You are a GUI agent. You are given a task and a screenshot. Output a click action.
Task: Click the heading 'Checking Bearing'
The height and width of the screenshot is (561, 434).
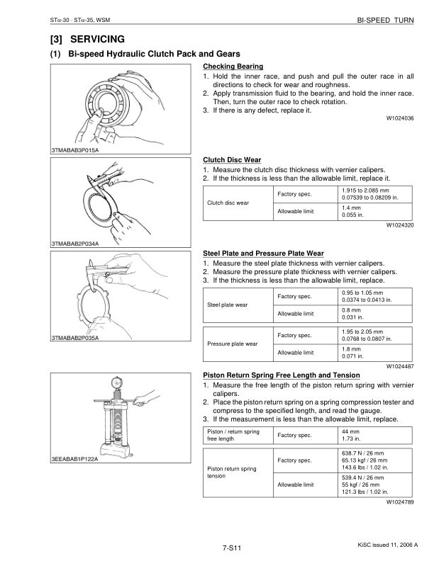(x=228, y=67)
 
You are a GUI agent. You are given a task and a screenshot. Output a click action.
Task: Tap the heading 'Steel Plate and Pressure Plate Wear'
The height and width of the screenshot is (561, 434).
(x=263, y=253)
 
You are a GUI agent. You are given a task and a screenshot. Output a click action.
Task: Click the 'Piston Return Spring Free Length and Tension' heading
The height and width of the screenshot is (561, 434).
(x=281, y=375)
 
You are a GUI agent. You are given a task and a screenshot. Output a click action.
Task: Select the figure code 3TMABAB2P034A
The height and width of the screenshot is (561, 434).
(x=74, y=244)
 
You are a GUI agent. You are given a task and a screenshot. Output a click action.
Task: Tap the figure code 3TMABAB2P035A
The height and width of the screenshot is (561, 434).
(x=74, y=338)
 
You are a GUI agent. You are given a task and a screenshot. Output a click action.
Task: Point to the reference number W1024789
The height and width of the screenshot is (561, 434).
(x=400, y=502)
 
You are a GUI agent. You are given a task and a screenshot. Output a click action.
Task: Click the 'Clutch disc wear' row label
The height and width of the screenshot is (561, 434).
(x=227, y=203)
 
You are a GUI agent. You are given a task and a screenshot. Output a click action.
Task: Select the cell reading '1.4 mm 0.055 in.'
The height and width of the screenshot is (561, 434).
(x=353, y=210)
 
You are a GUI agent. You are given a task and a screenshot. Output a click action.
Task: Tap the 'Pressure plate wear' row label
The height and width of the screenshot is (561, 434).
(x=231, y=344)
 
